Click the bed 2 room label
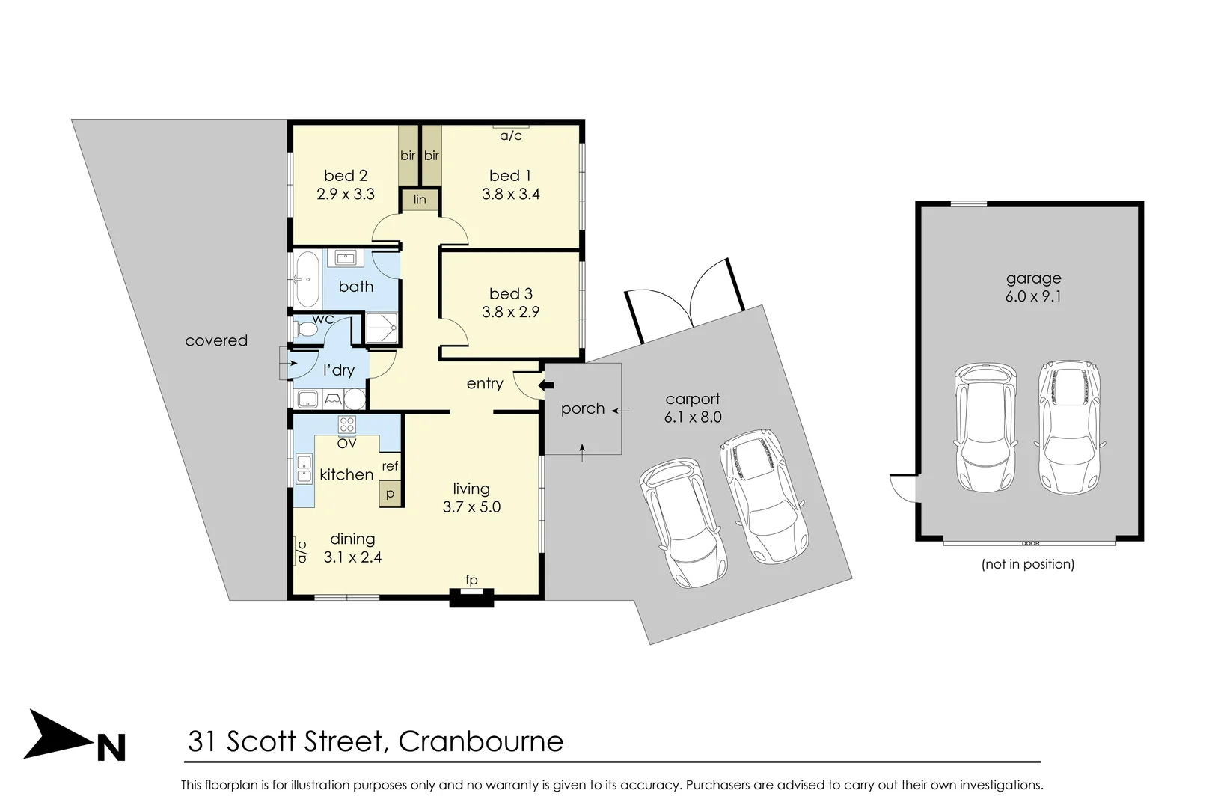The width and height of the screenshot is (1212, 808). point(346,176)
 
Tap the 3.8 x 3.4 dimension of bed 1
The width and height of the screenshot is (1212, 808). point(511,195)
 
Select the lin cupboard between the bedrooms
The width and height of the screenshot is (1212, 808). point(420,200)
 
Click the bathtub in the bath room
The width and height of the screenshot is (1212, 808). point(307,279)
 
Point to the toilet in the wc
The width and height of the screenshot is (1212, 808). point(304,329)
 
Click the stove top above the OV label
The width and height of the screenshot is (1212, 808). point(346,425)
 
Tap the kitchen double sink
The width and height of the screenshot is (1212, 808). point(304,468)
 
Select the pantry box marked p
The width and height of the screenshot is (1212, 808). point(390,495)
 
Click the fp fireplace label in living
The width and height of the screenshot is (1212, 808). point(471,580)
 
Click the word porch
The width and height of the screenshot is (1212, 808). point(583,408)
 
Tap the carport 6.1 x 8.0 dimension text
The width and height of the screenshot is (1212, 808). point(693,417)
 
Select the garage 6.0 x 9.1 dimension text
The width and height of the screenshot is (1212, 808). point(1033,296)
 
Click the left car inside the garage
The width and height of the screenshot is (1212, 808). point(986,426)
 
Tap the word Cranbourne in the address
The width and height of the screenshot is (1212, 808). point(480,741)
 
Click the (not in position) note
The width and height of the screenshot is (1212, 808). point(1027,564)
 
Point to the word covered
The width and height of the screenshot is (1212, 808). point(216,340)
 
